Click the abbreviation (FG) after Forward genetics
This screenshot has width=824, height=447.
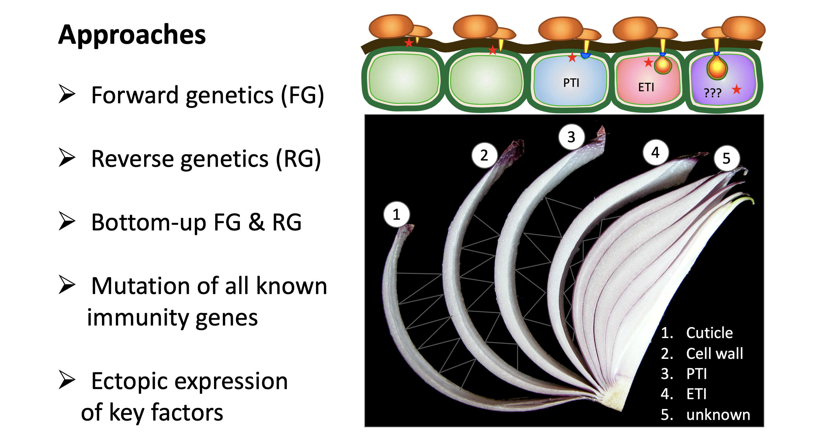pos(302,95)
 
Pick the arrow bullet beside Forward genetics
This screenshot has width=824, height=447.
pos(67,94)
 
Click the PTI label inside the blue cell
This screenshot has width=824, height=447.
pos(571,83)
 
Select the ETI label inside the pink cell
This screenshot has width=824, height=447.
pos(646,87)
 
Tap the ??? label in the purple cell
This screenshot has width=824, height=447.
pos(713,93)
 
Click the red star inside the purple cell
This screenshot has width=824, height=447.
pos(737,89)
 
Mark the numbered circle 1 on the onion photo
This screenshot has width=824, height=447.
pos(397,214)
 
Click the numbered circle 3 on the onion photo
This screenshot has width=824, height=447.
pos(571,137)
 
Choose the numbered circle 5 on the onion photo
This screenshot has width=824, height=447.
pos(727,158)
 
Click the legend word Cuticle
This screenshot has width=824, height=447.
pos(709,333)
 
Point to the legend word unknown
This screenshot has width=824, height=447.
pos(718,415)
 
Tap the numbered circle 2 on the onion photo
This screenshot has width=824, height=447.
pos(484,156)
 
